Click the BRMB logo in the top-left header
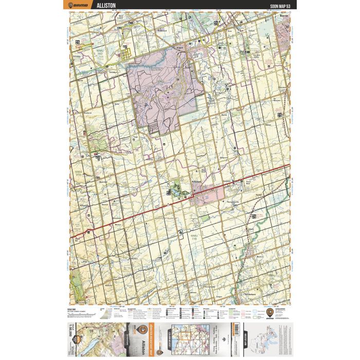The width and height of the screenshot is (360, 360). coord(78,5)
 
